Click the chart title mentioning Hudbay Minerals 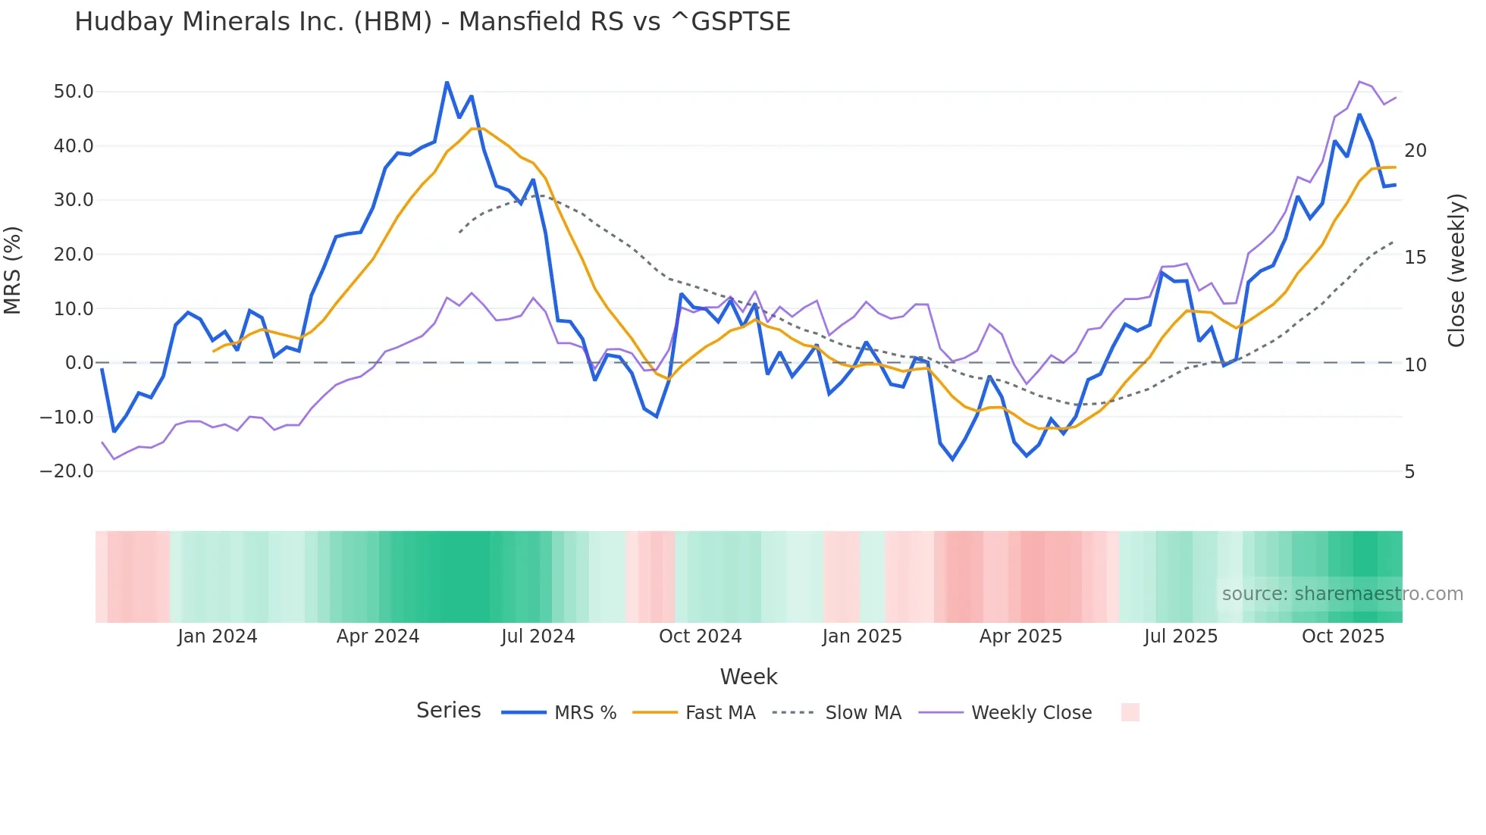(432, 22)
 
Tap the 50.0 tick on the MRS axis (74, 92)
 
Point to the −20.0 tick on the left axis (67, 471)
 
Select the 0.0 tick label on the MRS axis (79, 363)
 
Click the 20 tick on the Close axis (1415, 151)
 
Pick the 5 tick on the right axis (1409, 472)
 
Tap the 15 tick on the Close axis (1415, 258)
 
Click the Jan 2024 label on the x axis (218, 636)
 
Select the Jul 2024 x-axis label (538, 636)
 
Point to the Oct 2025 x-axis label (1343, 636)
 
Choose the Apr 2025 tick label (1020, 636)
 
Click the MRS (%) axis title (13, 271)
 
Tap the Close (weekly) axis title (1456, 271)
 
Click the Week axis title (748, 677)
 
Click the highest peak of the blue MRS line (447, 82)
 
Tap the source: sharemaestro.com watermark (1342, 594)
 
